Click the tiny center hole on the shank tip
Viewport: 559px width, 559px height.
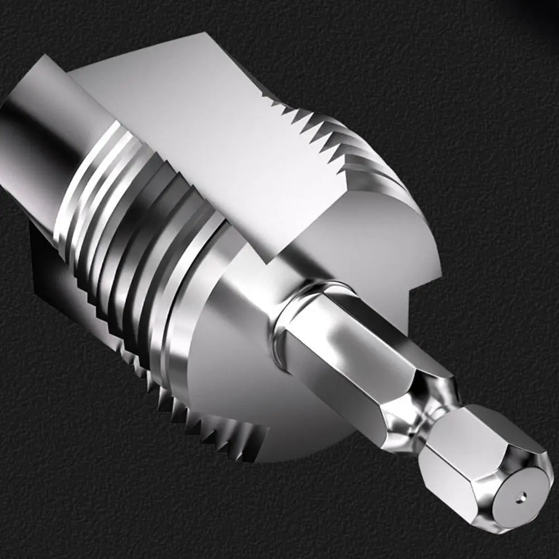point(521,494)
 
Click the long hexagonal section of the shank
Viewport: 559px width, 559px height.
point(347,358)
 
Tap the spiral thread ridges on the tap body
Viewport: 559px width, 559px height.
point(129,224)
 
